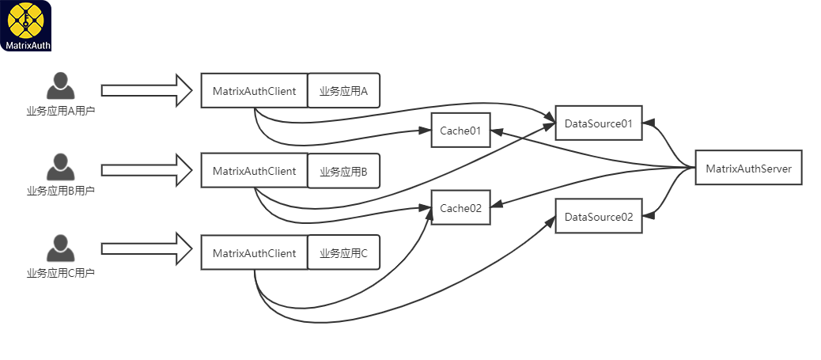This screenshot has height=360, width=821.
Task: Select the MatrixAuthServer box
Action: tap(748, 168)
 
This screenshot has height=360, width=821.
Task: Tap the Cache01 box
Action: tap(460, 130)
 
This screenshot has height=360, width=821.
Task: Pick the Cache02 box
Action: tap(460, 208)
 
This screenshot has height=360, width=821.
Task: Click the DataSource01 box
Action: tap(598, 123)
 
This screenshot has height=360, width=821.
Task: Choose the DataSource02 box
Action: tap(598, 216)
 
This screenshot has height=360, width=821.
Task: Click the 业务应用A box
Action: tap(344, 91)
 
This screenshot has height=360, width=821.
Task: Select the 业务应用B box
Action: tap(344, 171)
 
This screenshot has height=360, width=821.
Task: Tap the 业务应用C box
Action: tap(344, 253)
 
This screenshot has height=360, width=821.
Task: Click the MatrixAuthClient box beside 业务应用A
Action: tap(254, 91)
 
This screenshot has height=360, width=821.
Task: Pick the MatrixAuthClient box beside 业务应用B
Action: tap(254, 171)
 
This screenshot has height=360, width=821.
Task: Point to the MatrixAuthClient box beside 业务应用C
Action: tap(254, 253)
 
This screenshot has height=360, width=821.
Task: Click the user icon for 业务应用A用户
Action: tap(60, 85)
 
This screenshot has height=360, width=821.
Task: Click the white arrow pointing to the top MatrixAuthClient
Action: tap(147, 90)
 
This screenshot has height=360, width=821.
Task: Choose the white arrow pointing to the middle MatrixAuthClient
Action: tap(147, 169)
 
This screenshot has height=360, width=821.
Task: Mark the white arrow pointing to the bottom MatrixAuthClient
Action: tap(147, 249)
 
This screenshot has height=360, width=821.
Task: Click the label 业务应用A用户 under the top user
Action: tap(61, 111)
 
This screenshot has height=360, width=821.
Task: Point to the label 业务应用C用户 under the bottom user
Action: tap(61, 273)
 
